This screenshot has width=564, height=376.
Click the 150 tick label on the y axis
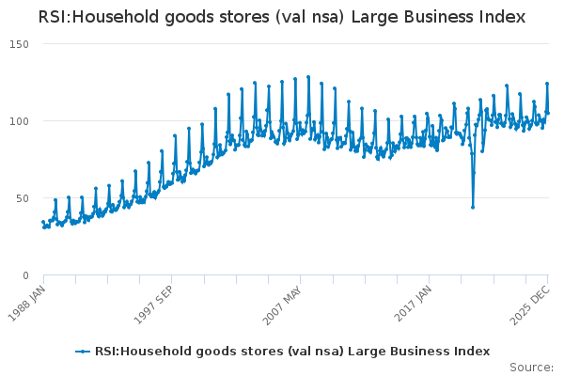19,44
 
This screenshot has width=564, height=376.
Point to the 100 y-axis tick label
19,121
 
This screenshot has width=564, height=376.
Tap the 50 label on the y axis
23,198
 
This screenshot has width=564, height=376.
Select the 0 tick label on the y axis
25,275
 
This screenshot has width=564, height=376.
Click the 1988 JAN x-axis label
27,304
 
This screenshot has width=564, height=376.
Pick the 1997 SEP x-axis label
154,305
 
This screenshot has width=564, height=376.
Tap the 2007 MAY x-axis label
282,305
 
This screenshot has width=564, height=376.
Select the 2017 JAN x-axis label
413,304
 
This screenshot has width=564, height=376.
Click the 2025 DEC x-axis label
530,305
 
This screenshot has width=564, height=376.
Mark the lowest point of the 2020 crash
473,208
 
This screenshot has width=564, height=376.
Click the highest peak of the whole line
308,77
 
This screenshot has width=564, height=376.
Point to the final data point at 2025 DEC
548,114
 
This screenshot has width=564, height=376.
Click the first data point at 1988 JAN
43,223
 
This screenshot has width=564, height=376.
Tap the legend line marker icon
83,352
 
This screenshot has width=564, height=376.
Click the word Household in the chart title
117,17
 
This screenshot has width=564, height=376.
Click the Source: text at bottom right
531,368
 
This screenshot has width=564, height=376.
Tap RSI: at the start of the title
55,17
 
